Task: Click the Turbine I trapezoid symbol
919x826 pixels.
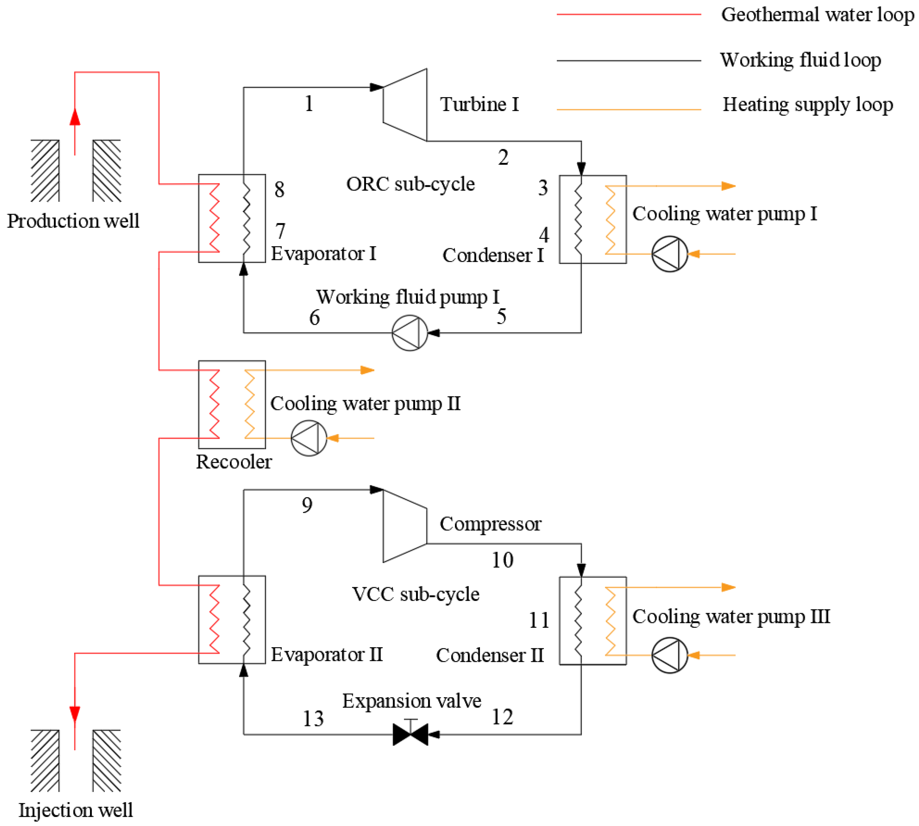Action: pos(405,105)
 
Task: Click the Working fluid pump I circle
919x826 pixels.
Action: pos(410,333)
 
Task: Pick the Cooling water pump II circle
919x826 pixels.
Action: pos(309,438)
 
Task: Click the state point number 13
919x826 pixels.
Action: pos(313,719)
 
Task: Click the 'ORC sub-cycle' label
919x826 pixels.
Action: pos(410,184)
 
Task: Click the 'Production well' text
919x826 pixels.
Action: pos(73,221)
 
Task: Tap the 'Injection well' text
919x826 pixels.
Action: pos(75,810)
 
